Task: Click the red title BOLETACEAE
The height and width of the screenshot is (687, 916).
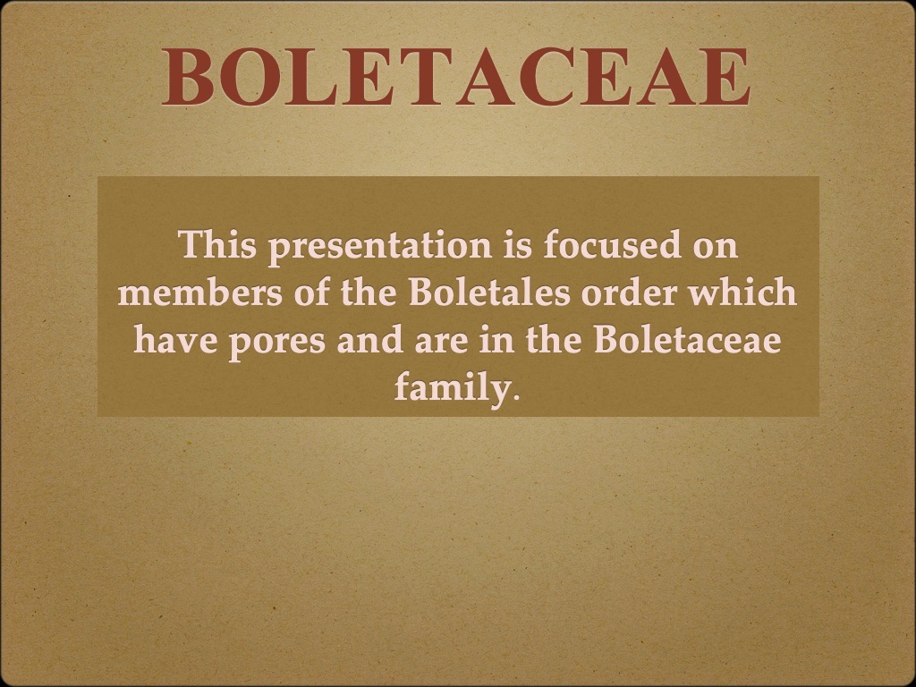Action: (x=456, y=77)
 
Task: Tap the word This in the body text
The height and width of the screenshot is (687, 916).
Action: (x=216, y=245)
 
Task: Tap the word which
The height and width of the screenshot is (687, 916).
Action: (x=748, y=294)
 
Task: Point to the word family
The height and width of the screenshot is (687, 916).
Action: (x=451, y=391)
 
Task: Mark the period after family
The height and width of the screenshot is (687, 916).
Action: (x=514, y=396)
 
